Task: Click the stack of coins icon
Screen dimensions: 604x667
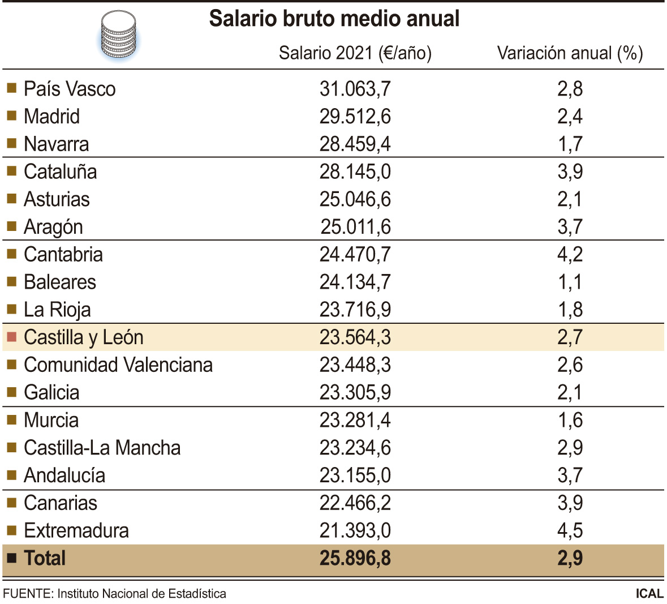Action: tap(119, 36)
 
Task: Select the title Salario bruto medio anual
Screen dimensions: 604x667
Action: tap(334, 19)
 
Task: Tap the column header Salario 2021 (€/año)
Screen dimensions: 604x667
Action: tap(355, 53)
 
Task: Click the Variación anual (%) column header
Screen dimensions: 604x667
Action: tap(570, 53)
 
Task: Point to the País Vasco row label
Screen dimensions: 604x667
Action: tap(70, 89)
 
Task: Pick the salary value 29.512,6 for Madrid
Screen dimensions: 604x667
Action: tap(355, 117)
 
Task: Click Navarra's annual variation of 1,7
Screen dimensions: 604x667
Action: tap(570, 144)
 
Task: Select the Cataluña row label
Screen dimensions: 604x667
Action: tap(60, 172)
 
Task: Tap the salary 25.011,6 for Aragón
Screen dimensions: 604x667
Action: tap(355, 227)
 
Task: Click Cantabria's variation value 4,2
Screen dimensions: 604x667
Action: tap(570, 255)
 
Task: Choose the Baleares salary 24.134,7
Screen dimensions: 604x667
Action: tap(355, 282)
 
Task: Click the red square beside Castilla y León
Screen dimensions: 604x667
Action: tap(11, 337)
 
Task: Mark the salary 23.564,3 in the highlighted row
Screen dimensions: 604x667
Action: tap(355, 337)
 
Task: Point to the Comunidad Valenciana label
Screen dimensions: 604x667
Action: tap(118, 365)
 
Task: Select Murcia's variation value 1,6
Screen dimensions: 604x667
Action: tap(570, 421)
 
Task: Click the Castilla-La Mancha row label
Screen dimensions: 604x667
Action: tap(102, 448)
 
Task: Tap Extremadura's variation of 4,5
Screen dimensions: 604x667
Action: tap(570, 531)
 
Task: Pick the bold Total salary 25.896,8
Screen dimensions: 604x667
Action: tap(355, 559)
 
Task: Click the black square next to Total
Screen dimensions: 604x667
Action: tap(11, 558)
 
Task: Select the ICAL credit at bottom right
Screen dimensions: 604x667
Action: tap(649, 594)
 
